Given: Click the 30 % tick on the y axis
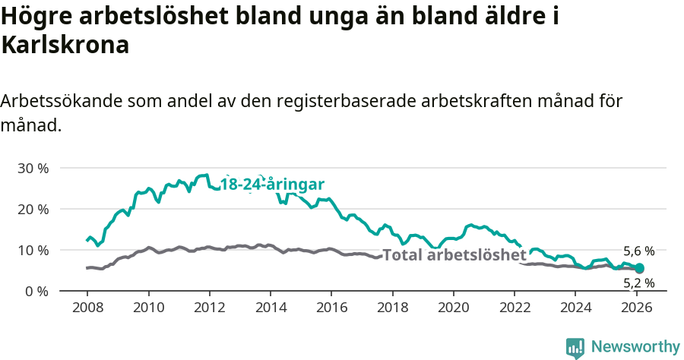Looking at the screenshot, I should point(33,168).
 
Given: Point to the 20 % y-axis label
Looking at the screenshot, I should point(33,209).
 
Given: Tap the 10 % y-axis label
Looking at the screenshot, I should point(33,250).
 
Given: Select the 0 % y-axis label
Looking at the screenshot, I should point(36,291).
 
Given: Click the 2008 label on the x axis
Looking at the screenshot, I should point(87,308).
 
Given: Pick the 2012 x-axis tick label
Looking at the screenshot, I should point(209,308).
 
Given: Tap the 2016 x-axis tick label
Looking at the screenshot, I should point(331,308).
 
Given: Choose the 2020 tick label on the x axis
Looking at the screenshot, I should point(453,308).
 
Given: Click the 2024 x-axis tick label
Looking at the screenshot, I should point(575,308).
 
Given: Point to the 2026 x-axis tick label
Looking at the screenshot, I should point(636,308).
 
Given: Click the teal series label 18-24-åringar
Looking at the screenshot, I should point(272,184).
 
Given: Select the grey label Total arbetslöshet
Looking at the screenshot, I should point(454,255).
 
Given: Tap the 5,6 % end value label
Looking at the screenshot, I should point(638,251).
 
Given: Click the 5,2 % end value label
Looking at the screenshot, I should point(638,283).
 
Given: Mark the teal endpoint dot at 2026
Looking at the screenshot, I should point(639,268).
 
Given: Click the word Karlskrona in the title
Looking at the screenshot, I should point(65,46).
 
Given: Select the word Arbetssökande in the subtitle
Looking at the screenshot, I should point(63,102).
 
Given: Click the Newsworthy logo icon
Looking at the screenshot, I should point(575,347).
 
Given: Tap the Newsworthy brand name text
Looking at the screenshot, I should point(635,347).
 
